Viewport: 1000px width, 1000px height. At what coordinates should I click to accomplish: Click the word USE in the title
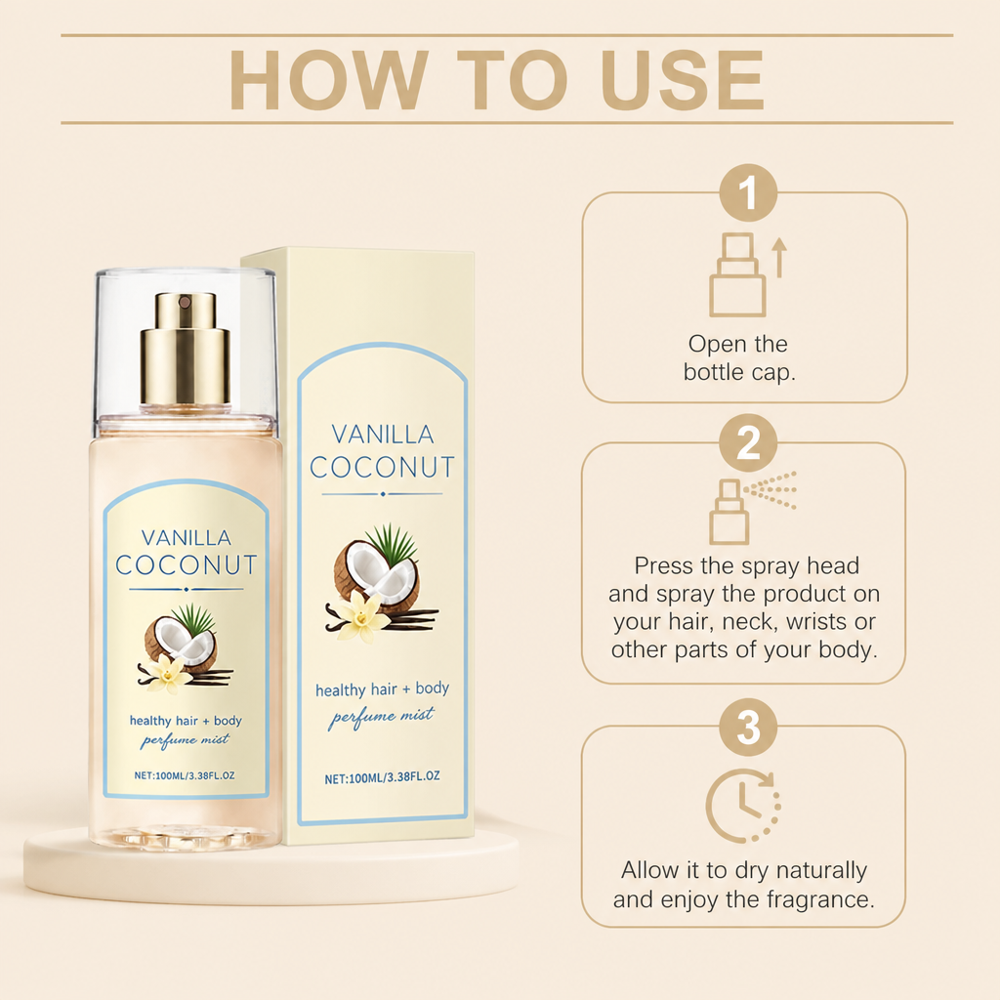tap(683, 80)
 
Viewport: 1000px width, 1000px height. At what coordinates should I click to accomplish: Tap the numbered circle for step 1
tap(748, 192)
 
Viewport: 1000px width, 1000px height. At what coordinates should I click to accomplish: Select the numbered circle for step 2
tap(748, 443)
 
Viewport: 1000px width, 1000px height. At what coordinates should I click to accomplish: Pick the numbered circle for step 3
tap(748, 727)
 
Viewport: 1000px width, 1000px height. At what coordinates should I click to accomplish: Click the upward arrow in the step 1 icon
tap(779, 258)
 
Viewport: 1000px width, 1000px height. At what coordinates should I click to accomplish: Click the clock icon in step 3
tap(743, 806)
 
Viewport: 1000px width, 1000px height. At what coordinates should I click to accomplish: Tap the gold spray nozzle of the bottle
tap(185, 349)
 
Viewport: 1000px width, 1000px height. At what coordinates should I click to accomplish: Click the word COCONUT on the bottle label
tap(187, 565)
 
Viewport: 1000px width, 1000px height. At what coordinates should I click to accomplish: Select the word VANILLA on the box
tap(383, 435)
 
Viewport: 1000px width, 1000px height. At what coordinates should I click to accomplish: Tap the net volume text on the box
tap(382, 777)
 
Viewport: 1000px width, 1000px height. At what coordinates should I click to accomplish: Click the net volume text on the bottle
tap(185, 775)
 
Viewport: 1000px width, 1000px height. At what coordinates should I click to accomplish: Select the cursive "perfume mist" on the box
tap(382, 717)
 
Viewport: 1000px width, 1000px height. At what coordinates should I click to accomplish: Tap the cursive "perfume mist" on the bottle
tap(185, 740)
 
